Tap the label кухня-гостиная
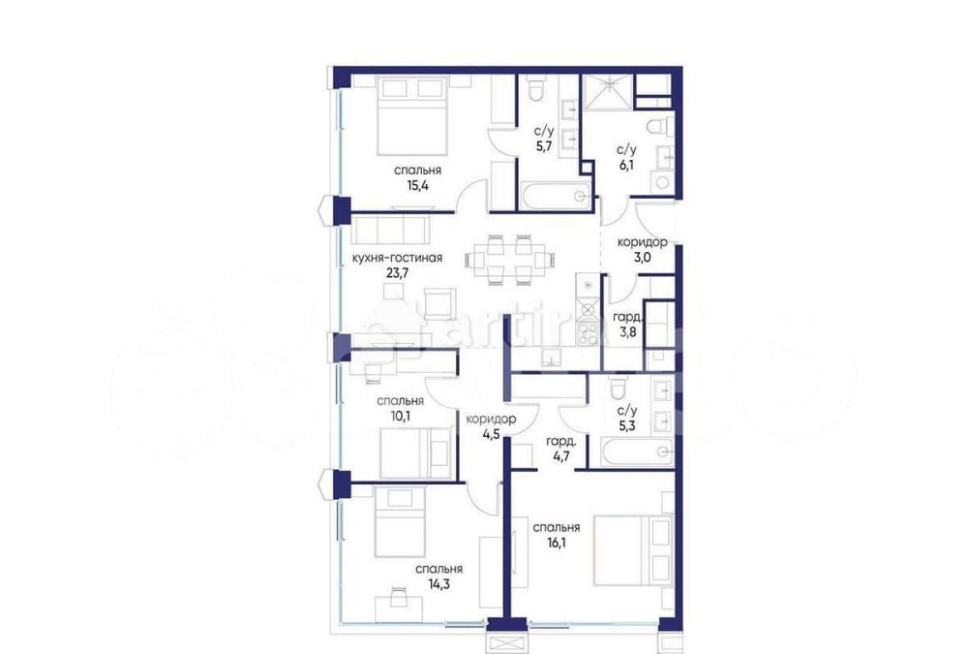click(x=398, y=258)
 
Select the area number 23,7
click(x=398, y=273)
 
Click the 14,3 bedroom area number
click(x=439, y=584)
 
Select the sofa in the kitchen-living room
click(x=390, y=231)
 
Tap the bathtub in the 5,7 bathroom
click(x=549, y=196)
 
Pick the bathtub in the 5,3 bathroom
click(x=636, y=451)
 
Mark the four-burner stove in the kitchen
click(x=588, y=332)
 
